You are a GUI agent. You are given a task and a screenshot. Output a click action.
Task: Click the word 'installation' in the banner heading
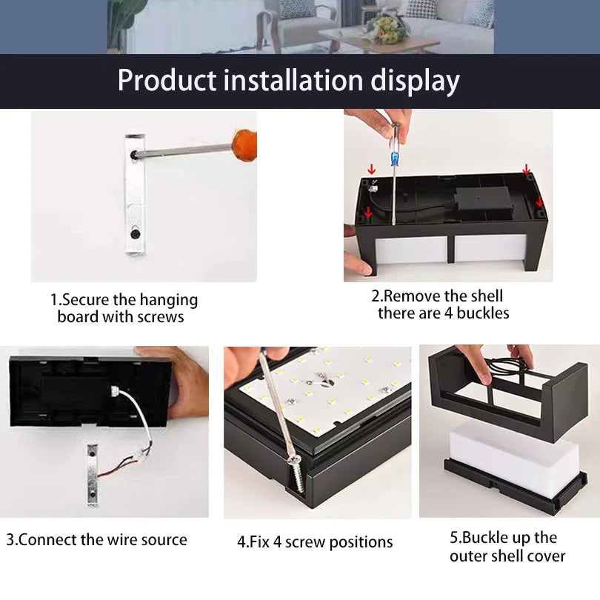pos(290,80)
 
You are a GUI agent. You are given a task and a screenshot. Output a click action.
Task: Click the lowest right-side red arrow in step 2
pos(539,201)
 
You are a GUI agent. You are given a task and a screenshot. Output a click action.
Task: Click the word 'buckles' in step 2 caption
pos(483,313)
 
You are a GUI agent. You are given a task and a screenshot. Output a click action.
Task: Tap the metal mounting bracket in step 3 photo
pos(92,474)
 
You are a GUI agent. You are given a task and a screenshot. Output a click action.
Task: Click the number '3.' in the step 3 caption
pos(12,540)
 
